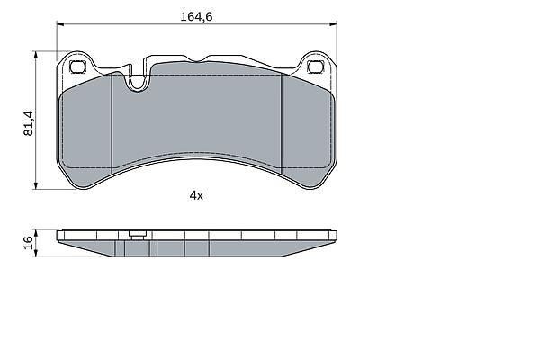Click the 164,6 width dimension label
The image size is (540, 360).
click(x=196, y=16)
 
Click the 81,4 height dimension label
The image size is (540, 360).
click(x=28, y=123)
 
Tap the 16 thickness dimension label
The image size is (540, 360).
click(x=28, y=243)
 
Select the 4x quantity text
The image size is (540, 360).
click(x=196, y=196)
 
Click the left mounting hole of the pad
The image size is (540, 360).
click(x=77, y=67)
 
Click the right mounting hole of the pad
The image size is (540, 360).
click(x=315, y=67)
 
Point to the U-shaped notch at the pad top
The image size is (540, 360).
click(x=138, y=83)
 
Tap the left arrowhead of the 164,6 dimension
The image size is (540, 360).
click(x=60, y=23)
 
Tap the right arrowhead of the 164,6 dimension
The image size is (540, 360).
click(x=333, y=23)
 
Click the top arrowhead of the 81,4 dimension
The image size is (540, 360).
click(x=35, y=55)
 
